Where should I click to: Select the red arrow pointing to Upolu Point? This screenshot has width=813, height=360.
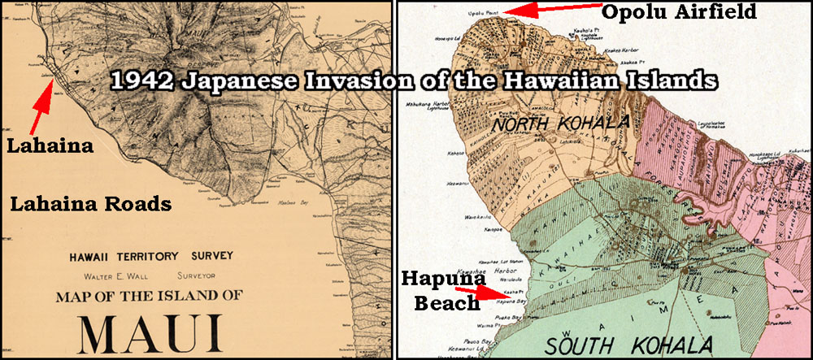click(x=553, y=11)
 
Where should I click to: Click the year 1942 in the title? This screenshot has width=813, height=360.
click(x=141, y=80)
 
